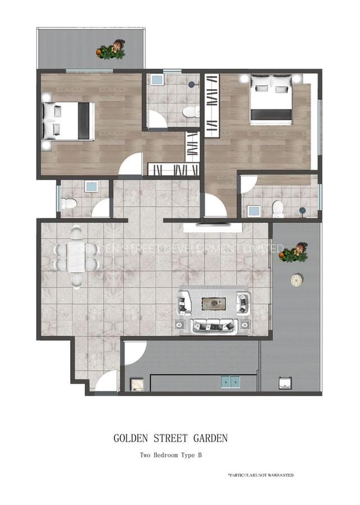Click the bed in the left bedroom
coord(70,121)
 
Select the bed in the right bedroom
coord(271,101)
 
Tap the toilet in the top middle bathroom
coord(191,112)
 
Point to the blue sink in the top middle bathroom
coord(157,80)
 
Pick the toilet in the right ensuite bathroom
coord(278,209)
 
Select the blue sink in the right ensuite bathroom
coord(253,211)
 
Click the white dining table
coord(76,256)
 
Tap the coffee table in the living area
coord(214,304)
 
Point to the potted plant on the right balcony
coord(294,253)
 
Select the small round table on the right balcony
coord(297,280)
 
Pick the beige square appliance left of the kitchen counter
coord(137,384)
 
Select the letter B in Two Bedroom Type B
coord(199,456)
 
